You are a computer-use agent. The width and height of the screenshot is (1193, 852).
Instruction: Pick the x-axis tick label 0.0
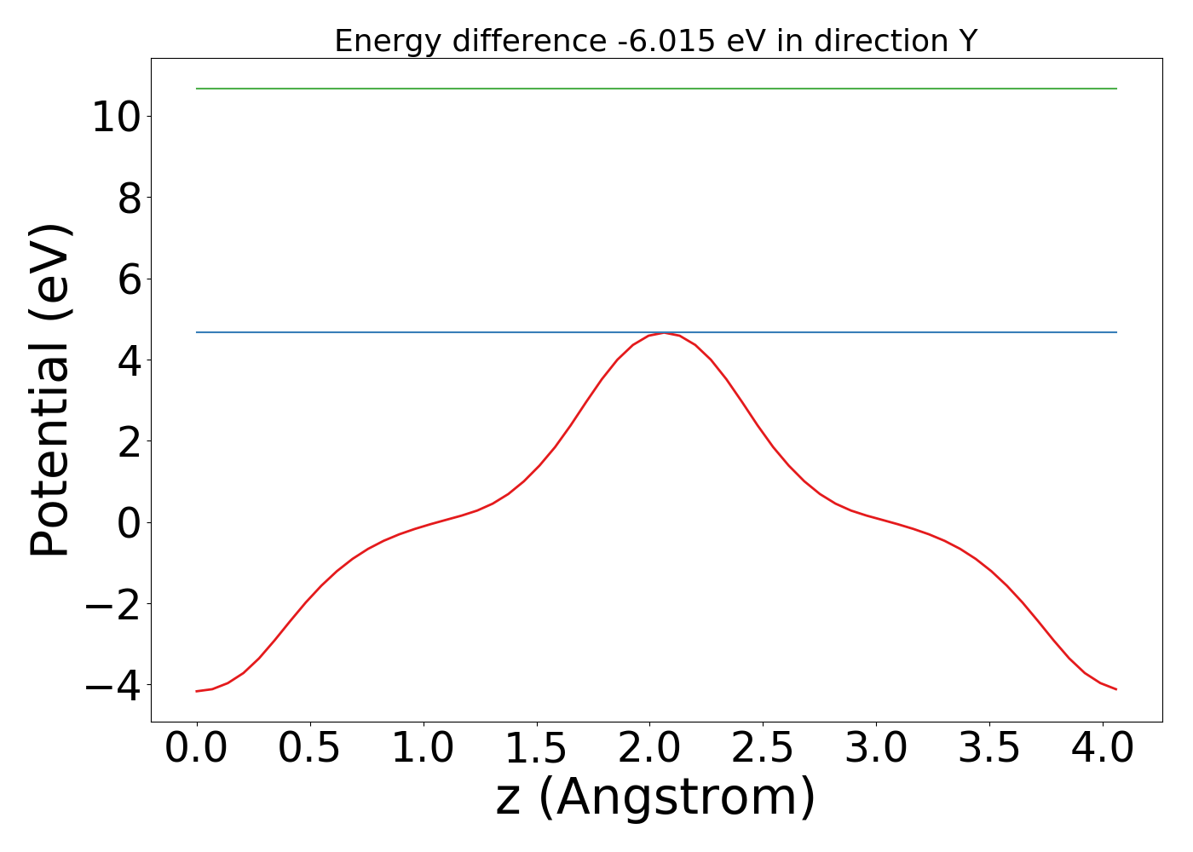tap(197, 749)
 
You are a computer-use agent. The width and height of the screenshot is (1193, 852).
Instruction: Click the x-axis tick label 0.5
tap(310, 749)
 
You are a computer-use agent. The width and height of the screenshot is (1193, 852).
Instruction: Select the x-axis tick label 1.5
tap(537, 749)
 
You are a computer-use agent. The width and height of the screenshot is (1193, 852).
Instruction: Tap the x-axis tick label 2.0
tap(649, 749)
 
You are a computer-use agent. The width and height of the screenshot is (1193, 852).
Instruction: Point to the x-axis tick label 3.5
tap(989, 749)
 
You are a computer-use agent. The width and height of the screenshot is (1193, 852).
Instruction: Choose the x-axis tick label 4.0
tap(1102, 749)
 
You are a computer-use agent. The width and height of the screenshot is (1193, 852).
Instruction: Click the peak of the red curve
tap(664, 333)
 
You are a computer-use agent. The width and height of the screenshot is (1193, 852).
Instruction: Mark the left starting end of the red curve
tap(197, 691)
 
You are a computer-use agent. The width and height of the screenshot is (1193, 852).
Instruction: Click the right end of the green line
tap(1116, 89)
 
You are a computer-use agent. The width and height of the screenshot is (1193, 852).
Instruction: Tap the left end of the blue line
tap(197, 332)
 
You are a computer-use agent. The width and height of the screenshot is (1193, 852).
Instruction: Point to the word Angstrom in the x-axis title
tap(677, 798)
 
